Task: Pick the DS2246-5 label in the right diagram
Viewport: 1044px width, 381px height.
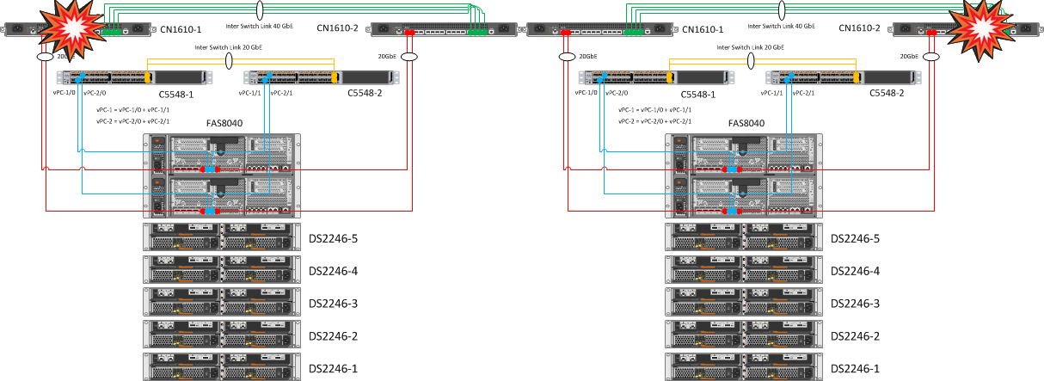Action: tap(856, 238)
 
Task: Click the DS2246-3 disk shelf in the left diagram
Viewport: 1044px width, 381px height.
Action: tap(223, 304)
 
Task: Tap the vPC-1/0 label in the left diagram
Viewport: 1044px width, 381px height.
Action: tap(65, 93)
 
